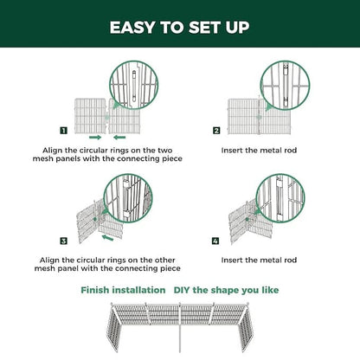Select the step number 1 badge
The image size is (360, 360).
[63, 132]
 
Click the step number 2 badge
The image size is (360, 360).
[216, 132]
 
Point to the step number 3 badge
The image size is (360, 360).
[63, 239]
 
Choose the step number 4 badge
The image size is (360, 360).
[216, 239]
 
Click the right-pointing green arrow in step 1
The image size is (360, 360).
[93, 137]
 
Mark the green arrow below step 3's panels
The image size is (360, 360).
[108, 235]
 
